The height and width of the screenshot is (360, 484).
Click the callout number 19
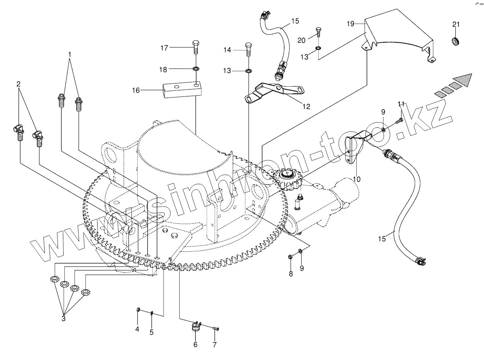(x=351, y=24)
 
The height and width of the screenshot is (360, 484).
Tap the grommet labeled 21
(x=456, y=40)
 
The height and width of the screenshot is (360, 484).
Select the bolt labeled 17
(x=196, y=47)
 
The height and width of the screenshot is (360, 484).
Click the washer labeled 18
(x=196, y=69)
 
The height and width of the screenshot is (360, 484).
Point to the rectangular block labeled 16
(x=181, y=90)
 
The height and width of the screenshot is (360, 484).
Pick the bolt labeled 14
(x=248, y=48)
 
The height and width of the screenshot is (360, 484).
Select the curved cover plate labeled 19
(x=396, y=38)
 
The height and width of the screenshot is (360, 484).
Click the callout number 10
(x=356, y=178)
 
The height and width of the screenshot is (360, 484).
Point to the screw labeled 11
(x=399, y=121)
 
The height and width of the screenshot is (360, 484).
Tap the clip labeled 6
(x=196, y=327)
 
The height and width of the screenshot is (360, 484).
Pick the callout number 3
(x=63, y=318)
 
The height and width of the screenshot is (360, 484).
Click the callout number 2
(x=18, y=84)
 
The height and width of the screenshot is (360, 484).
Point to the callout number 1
(x=70, y=54)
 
